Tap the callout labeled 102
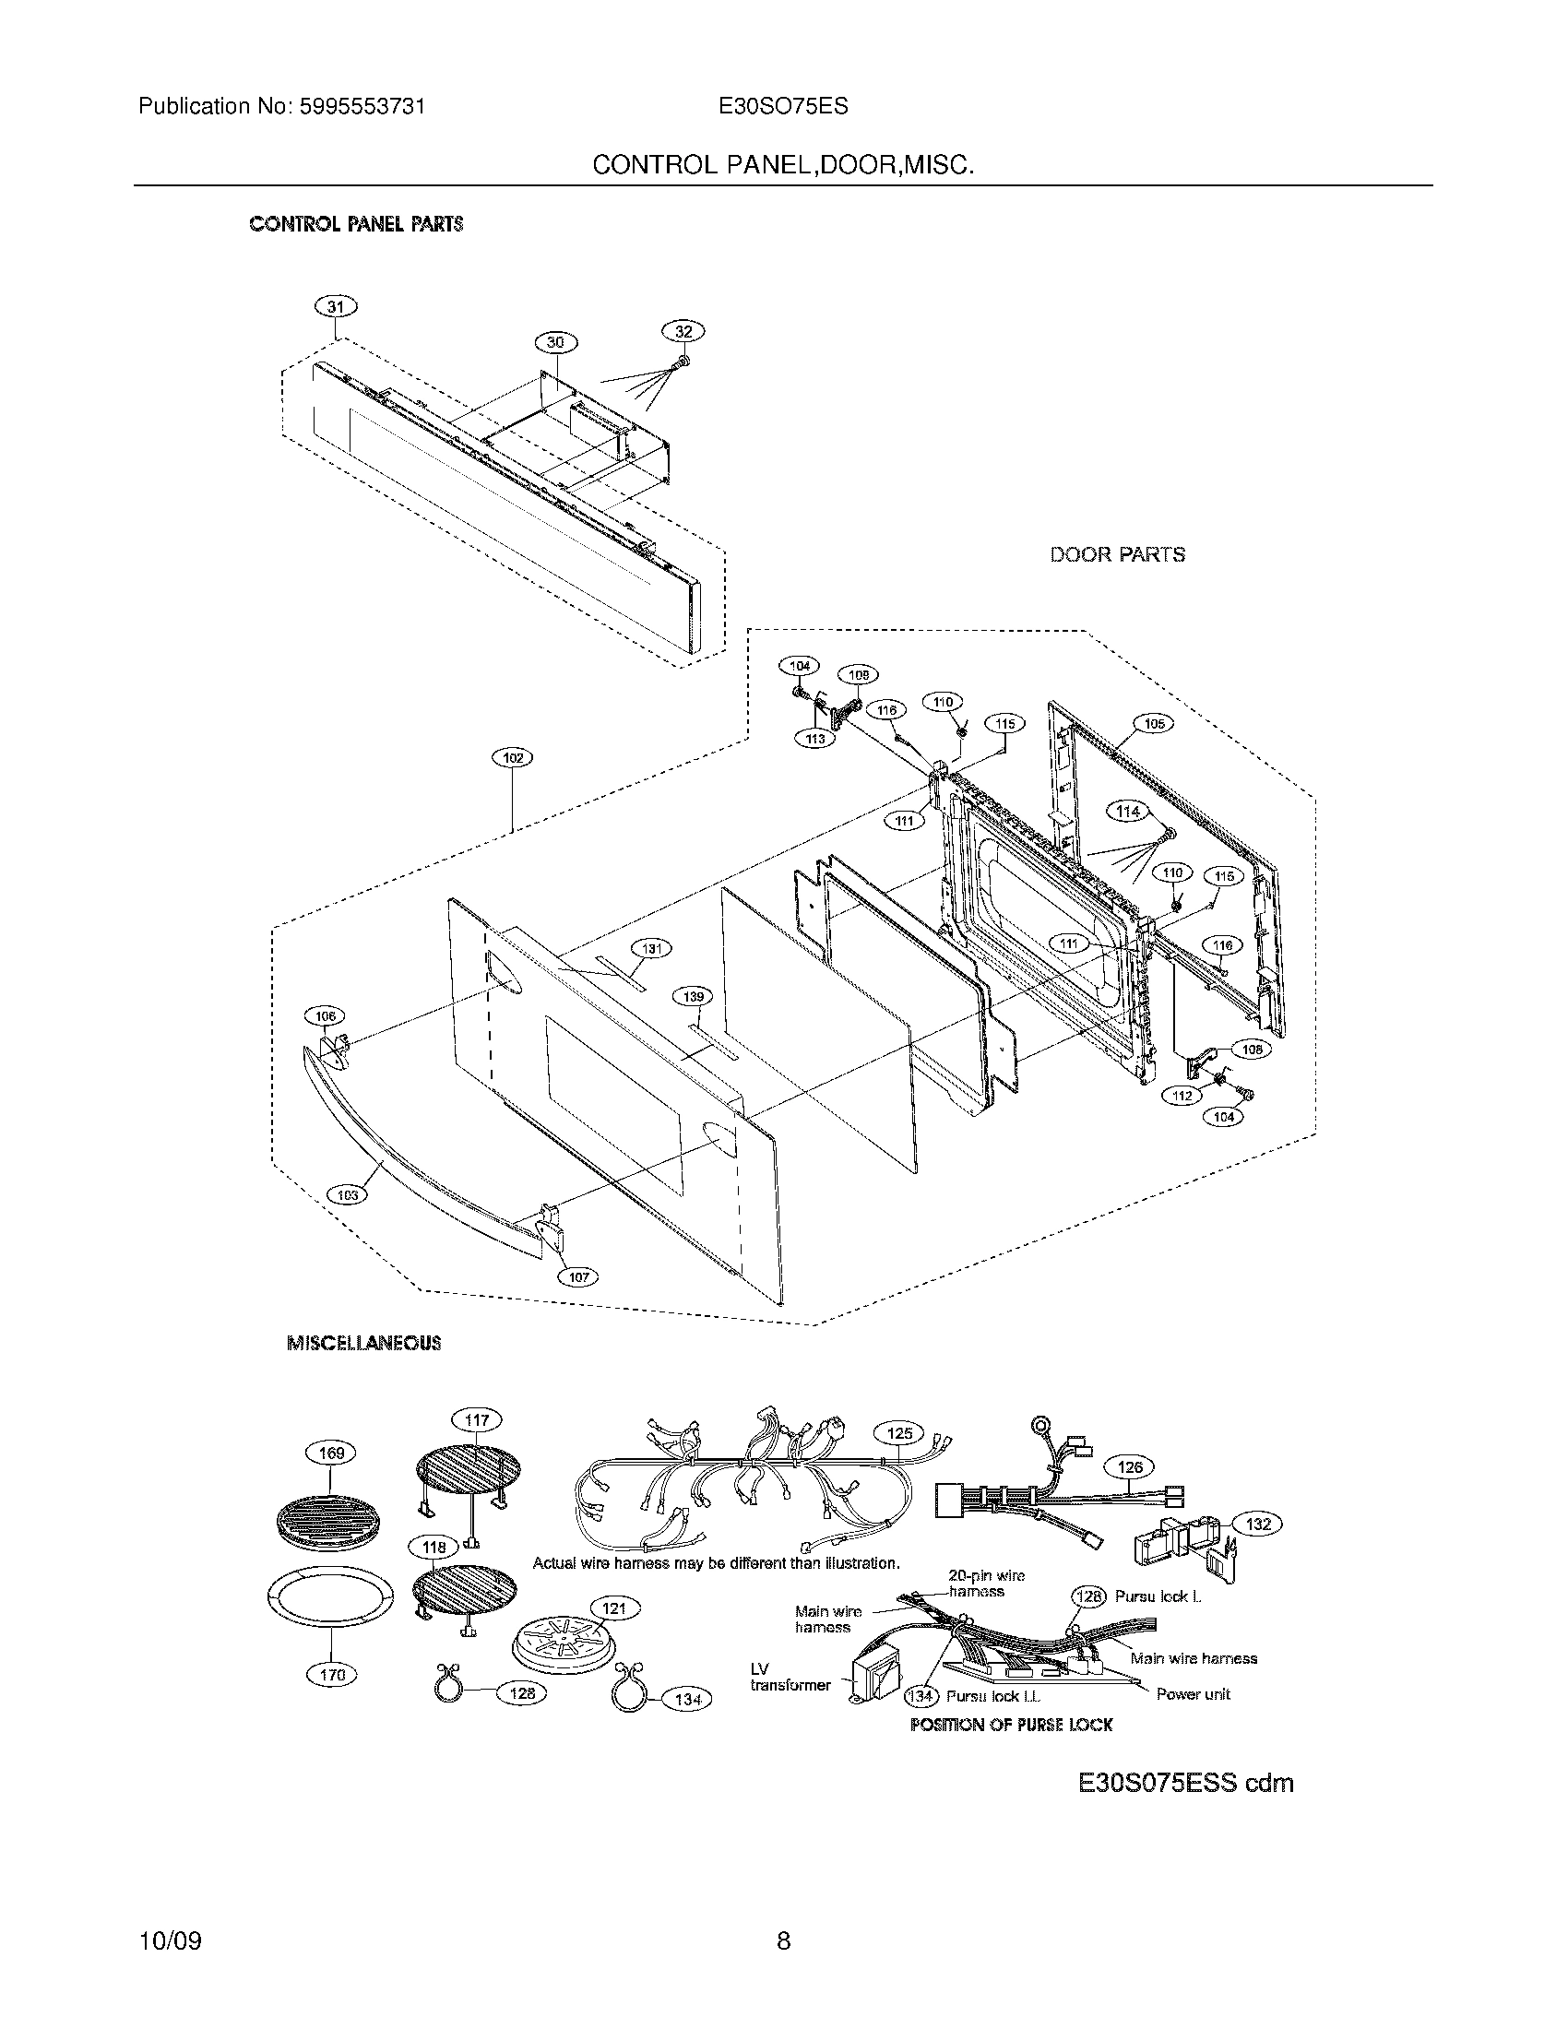point(512,758)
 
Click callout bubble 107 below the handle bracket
point(577,1277)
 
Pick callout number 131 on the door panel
point(652,948)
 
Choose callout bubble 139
point(692,997)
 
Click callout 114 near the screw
point(1128,811)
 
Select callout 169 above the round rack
point(332,1453)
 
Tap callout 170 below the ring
point(332,1675)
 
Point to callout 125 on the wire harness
point(899,1433)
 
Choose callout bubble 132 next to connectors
point(1258,1524)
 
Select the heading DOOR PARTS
point(1118,554)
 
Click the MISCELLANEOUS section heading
point(364,1343)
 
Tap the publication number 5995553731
point(362,106)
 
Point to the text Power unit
point(1193,1694)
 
